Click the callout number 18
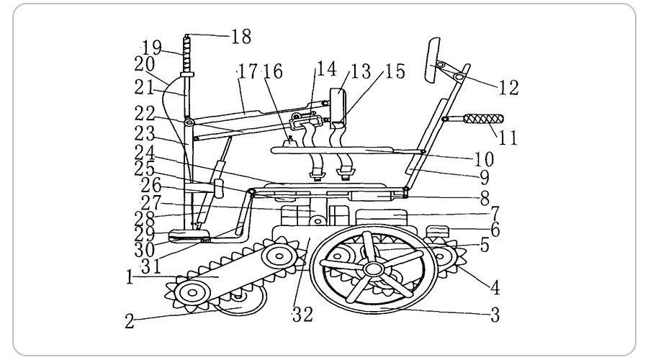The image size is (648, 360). pos(241,37)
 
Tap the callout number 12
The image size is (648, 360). pos(509,88)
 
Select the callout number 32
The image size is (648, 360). pos(302,315)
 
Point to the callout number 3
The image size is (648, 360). pos(495,315)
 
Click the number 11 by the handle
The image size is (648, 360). pos(508,138)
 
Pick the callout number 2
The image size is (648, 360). pos(130,321)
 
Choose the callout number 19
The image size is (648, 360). pos(152,48)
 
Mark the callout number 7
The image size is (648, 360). pos(495,214)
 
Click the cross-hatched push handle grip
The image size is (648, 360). pos(483,119)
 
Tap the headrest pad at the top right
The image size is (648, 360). pos(432,60)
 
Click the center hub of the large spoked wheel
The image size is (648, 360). pos(374,269)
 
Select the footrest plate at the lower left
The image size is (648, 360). pos(189,236)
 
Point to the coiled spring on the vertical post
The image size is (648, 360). pos(187,54)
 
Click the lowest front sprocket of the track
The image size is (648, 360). pos(192,292)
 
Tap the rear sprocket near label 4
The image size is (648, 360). pos(443,256)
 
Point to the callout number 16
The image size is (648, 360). pos(273,72)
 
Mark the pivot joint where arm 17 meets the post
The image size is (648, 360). pos(189,122)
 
